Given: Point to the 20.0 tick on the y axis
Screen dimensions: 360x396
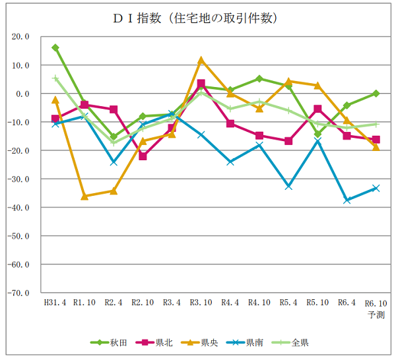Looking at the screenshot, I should click(x=20, y=37).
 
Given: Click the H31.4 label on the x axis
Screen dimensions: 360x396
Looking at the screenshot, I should click(x=55, y=303).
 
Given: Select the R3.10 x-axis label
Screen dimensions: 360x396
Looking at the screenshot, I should click(x=201, y=303).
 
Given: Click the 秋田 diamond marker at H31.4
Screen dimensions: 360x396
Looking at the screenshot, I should click(x=55, y=47).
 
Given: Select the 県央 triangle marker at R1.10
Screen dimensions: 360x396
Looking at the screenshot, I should click(x=84, y=196).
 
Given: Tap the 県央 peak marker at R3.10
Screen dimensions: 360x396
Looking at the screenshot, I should click(x=201, y=60).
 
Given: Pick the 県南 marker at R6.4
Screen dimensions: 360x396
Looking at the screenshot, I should click(x=346, y=200).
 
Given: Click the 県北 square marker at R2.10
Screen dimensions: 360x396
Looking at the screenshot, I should click(x=143, y=156).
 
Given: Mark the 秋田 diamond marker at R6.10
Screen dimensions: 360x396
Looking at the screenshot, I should click(x=376, y=93).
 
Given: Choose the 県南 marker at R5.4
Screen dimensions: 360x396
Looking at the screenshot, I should click(x=288, y=187).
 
